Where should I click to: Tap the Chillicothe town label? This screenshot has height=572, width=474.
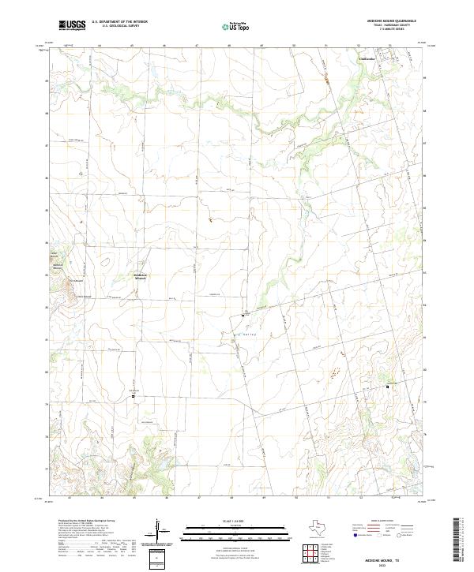pyautogui.click(x=368, y=58)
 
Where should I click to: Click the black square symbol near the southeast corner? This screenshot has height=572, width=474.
pyautogui.click(x=387, y=387)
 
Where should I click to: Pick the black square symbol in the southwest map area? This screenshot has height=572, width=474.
pyautogui.click(x=133, y=397)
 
